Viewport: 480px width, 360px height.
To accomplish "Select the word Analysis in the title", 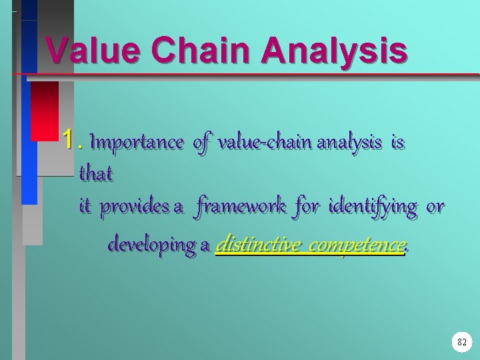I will pyautogui.click(x=334, y=50).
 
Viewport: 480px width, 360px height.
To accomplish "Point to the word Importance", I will pyautogui.click(x=136, y=141).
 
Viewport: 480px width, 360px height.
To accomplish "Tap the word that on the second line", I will pyautogui.click(x=96, y=174).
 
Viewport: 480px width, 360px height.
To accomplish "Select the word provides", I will pyautogui.click(x=135, y=207).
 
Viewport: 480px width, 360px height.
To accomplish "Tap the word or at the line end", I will pyautogui.click(x=435, y=207).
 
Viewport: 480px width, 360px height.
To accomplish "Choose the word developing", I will pyautogui.click(x=151, y=245).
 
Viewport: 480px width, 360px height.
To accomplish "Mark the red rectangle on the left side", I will pyautogui.click(x=45, y=110).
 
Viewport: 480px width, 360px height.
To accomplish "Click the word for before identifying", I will pyautogui.click(x=306, y=207).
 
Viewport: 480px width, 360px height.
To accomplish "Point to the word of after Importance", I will pyautogui.click(x=201, y=141).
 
